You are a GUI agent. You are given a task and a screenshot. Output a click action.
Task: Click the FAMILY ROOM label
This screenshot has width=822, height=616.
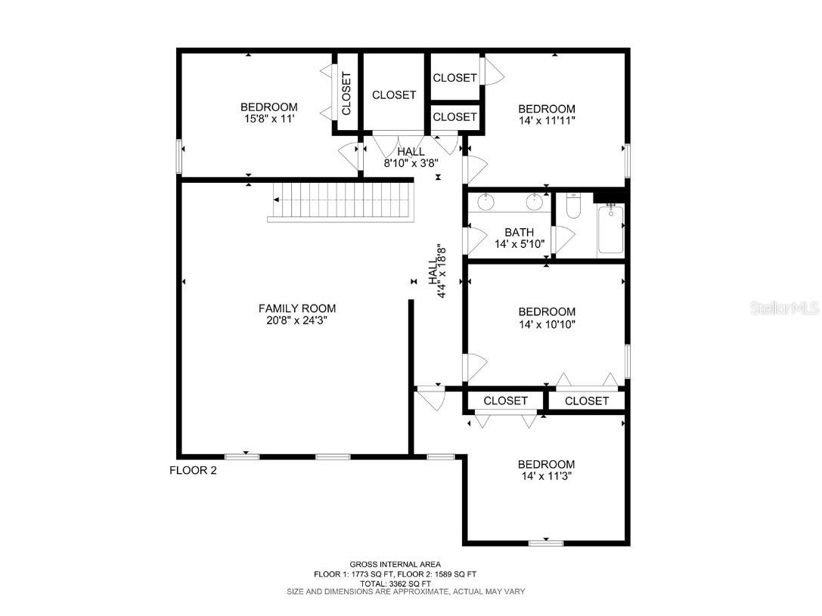point(297,308)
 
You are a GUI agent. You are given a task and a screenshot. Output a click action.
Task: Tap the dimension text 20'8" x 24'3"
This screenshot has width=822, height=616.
point(297,320)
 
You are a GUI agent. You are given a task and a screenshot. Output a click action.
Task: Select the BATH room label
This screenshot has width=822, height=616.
point(520,232)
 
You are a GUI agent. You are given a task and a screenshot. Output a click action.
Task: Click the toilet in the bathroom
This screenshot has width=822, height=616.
point(572,206)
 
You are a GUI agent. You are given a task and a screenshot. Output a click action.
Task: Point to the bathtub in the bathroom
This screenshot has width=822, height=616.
point(610,229)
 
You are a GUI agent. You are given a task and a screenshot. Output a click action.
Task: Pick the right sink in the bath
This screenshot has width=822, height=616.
point(535,201)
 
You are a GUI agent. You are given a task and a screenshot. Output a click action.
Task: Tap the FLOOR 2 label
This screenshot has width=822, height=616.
point(193,470)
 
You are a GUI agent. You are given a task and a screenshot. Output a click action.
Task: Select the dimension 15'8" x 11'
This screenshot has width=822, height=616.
point(268,119)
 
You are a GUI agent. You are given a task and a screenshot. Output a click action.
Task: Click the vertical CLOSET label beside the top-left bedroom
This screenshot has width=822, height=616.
point(346,94)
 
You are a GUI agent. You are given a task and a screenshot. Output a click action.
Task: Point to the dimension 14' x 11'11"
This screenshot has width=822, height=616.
point(546,121)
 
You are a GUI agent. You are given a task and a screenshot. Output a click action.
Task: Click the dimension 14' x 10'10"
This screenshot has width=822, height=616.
point(546,324)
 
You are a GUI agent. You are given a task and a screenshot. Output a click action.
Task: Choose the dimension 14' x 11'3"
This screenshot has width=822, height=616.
point(546,477)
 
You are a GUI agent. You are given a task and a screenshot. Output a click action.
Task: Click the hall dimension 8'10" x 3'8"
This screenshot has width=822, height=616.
point(411,163)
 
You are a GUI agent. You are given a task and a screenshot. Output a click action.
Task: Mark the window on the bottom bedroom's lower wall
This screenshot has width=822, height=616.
point(545,543)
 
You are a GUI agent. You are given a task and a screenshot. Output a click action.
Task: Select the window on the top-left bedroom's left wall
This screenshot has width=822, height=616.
point(179,157)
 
